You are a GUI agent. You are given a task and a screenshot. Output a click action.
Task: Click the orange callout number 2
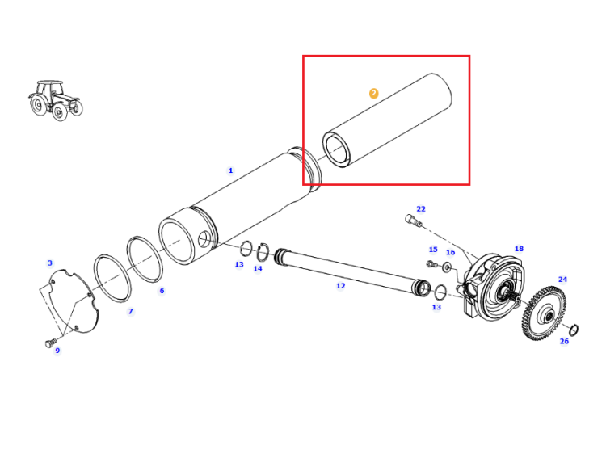point(374,93)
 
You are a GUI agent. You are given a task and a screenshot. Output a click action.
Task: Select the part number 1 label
point(231,170)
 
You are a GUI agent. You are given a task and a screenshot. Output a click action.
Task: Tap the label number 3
point(50,263)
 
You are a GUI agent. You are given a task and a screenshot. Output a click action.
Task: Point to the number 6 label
point(162,291)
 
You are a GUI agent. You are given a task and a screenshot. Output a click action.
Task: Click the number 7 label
point(131,311)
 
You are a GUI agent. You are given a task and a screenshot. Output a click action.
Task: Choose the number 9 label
point(57,351)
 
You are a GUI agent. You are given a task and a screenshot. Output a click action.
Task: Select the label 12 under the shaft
point(340,285)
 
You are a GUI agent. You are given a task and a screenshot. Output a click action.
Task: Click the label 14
point(258,268)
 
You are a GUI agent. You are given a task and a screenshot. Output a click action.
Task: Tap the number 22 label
point(421,208)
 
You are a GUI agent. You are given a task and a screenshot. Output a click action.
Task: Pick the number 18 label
point(519,249)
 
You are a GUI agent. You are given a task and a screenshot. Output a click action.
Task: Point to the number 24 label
point(562,279)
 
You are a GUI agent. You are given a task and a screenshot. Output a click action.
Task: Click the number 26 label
point(564,341)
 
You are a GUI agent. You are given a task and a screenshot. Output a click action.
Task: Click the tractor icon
point(55,100)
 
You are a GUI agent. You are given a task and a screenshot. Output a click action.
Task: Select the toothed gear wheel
point(544,313)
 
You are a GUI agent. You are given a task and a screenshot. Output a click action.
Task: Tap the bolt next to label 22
point(414,221)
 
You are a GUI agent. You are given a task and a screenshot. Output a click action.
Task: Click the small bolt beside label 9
point(51,343)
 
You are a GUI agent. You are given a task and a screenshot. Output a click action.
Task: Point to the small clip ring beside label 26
point(574,330)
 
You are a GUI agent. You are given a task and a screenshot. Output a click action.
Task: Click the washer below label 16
point(448,267)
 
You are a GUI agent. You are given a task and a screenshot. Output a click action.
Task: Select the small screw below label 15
point(431,264)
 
